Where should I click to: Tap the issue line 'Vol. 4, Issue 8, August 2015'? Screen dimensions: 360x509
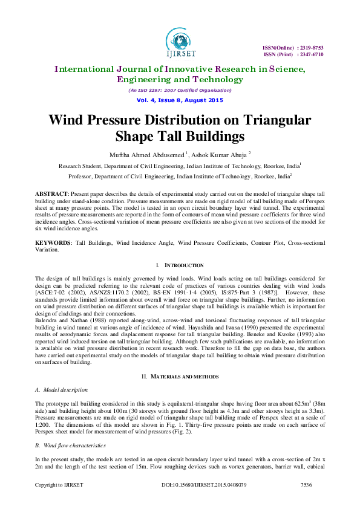pyautogui.click(x=180, y=100)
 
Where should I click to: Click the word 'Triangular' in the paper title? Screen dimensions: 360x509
pyautogui.click(x=273, y=120)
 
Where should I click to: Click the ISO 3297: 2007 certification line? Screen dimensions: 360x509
pyautogui.click(x=180, y=90)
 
